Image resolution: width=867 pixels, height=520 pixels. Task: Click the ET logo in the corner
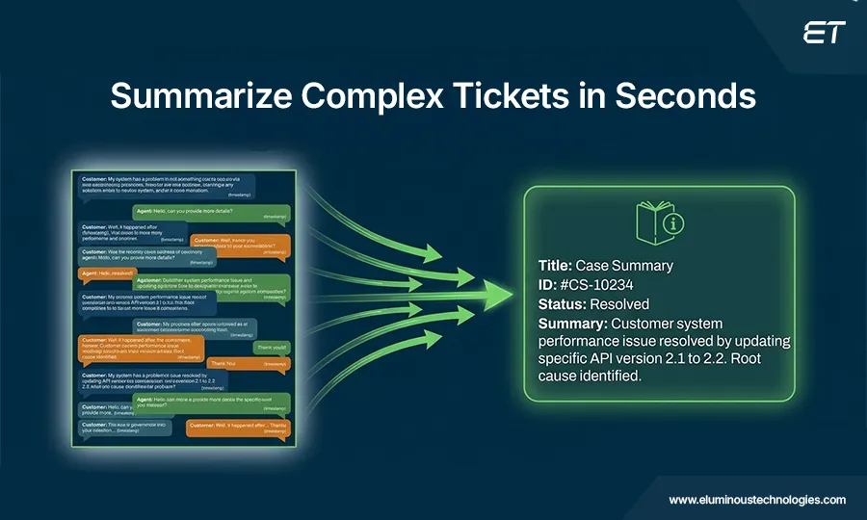pos(824,33)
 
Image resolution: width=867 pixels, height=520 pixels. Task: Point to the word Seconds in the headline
pos(685,96)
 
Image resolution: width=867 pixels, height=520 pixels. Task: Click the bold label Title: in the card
pos(556,266)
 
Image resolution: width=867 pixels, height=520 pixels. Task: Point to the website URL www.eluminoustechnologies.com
pos(757,500)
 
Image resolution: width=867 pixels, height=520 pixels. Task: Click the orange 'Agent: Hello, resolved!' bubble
pos(106,273)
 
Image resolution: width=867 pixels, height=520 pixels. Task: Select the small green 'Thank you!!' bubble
pos(270,347)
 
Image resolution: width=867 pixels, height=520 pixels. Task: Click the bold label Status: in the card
pos(561,304)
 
